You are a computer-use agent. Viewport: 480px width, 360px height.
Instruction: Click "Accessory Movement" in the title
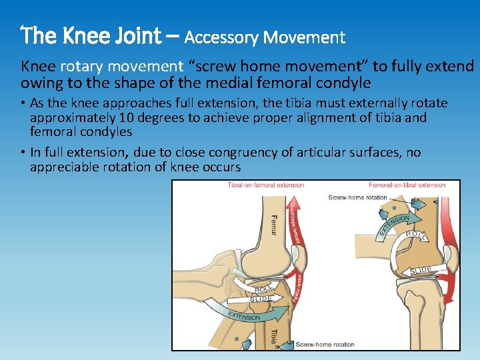(x=265, y=37)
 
